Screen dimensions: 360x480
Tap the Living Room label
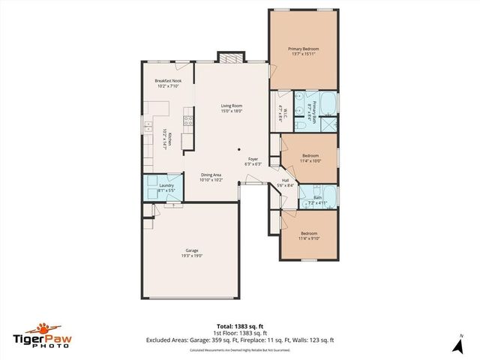(x=230, y=106)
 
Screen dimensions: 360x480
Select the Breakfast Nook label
(x=168, y=81)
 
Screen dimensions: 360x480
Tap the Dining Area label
(x=211, y=175)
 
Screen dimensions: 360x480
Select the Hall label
(x=285, y=181)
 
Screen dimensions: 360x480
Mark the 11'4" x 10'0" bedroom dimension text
(x=310, y=160)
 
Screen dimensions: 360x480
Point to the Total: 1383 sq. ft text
(x=239, y=325)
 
